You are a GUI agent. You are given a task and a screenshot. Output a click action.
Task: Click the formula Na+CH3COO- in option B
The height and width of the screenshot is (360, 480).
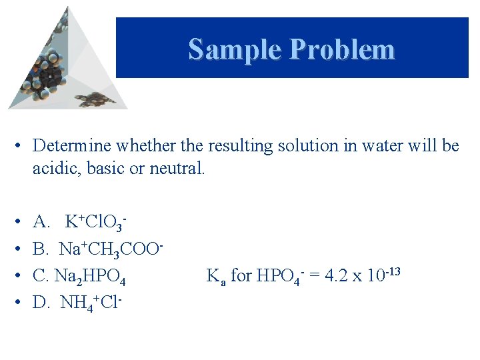point(111,249)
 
